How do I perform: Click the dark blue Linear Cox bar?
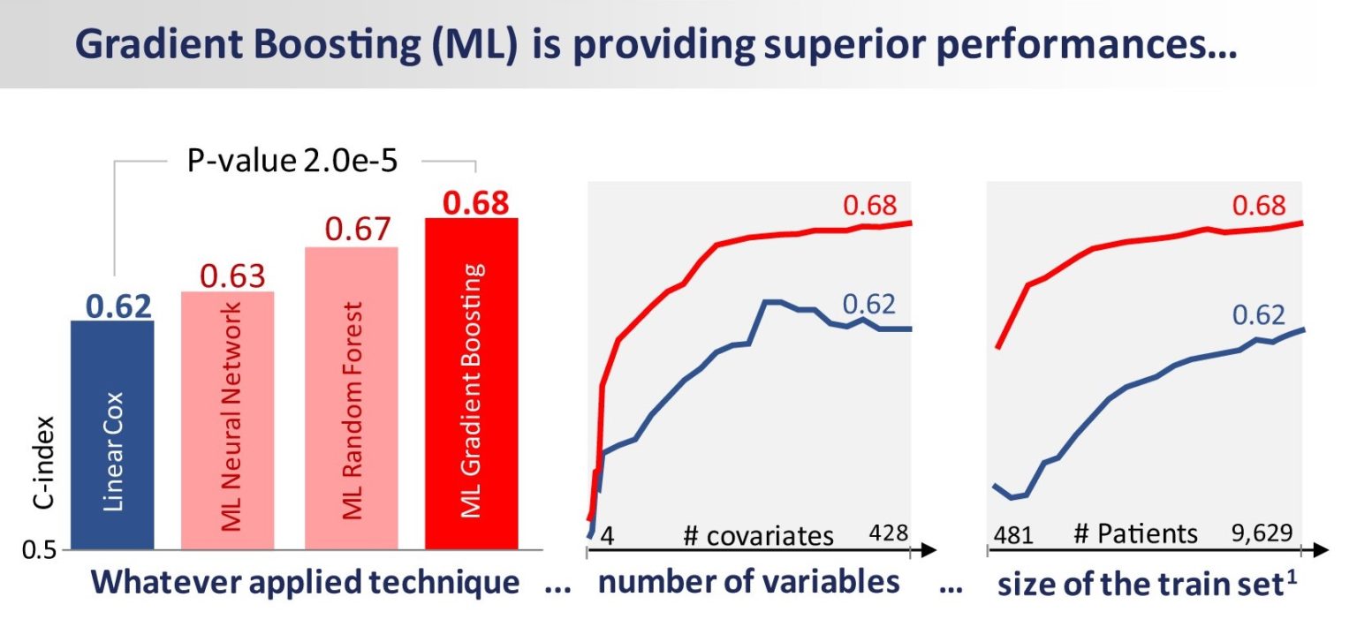point(113,435)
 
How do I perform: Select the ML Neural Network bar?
point(228,420)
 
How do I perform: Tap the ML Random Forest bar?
point(352,398)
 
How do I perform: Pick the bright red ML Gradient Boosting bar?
point(471,383)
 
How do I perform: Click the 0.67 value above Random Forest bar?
point(358,229)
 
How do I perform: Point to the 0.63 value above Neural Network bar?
point(232,276)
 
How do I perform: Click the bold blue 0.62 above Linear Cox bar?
point(118,306)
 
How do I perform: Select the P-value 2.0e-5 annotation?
point(292,161)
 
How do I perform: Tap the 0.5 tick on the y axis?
point(39,550)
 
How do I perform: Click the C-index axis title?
point(43,463)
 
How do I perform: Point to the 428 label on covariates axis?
point(888,533)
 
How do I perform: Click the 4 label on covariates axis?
point(607,536)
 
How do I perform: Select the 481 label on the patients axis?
point(1013,535)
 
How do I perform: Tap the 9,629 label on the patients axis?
point(1262,533)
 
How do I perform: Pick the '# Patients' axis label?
point(1136,533)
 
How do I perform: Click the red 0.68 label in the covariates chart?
point(870,206)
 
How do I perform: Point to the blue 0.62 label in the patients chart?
point(1259,315)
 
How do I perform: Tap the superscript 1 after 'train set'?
point(1292,578)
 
